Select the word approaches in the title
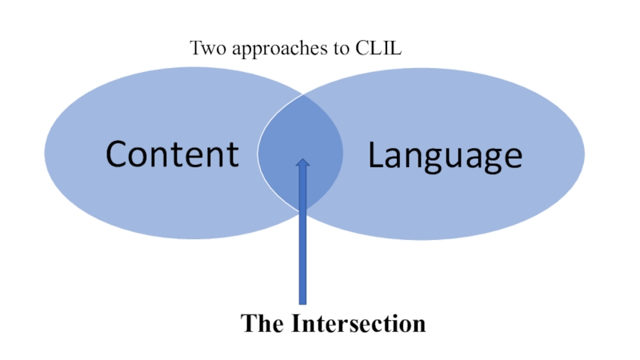268,49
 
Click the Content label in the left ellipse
172,154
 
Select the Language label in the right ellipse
445,156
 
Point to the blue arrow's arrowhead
302,164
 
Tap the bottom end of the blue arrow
302,302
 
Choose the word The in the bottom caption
262,324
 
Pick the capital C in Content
119,154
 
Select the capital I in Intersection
295,324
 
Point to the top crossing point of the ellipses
302,94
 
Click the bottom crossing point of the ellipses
302,210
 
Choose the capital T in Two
195,48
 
